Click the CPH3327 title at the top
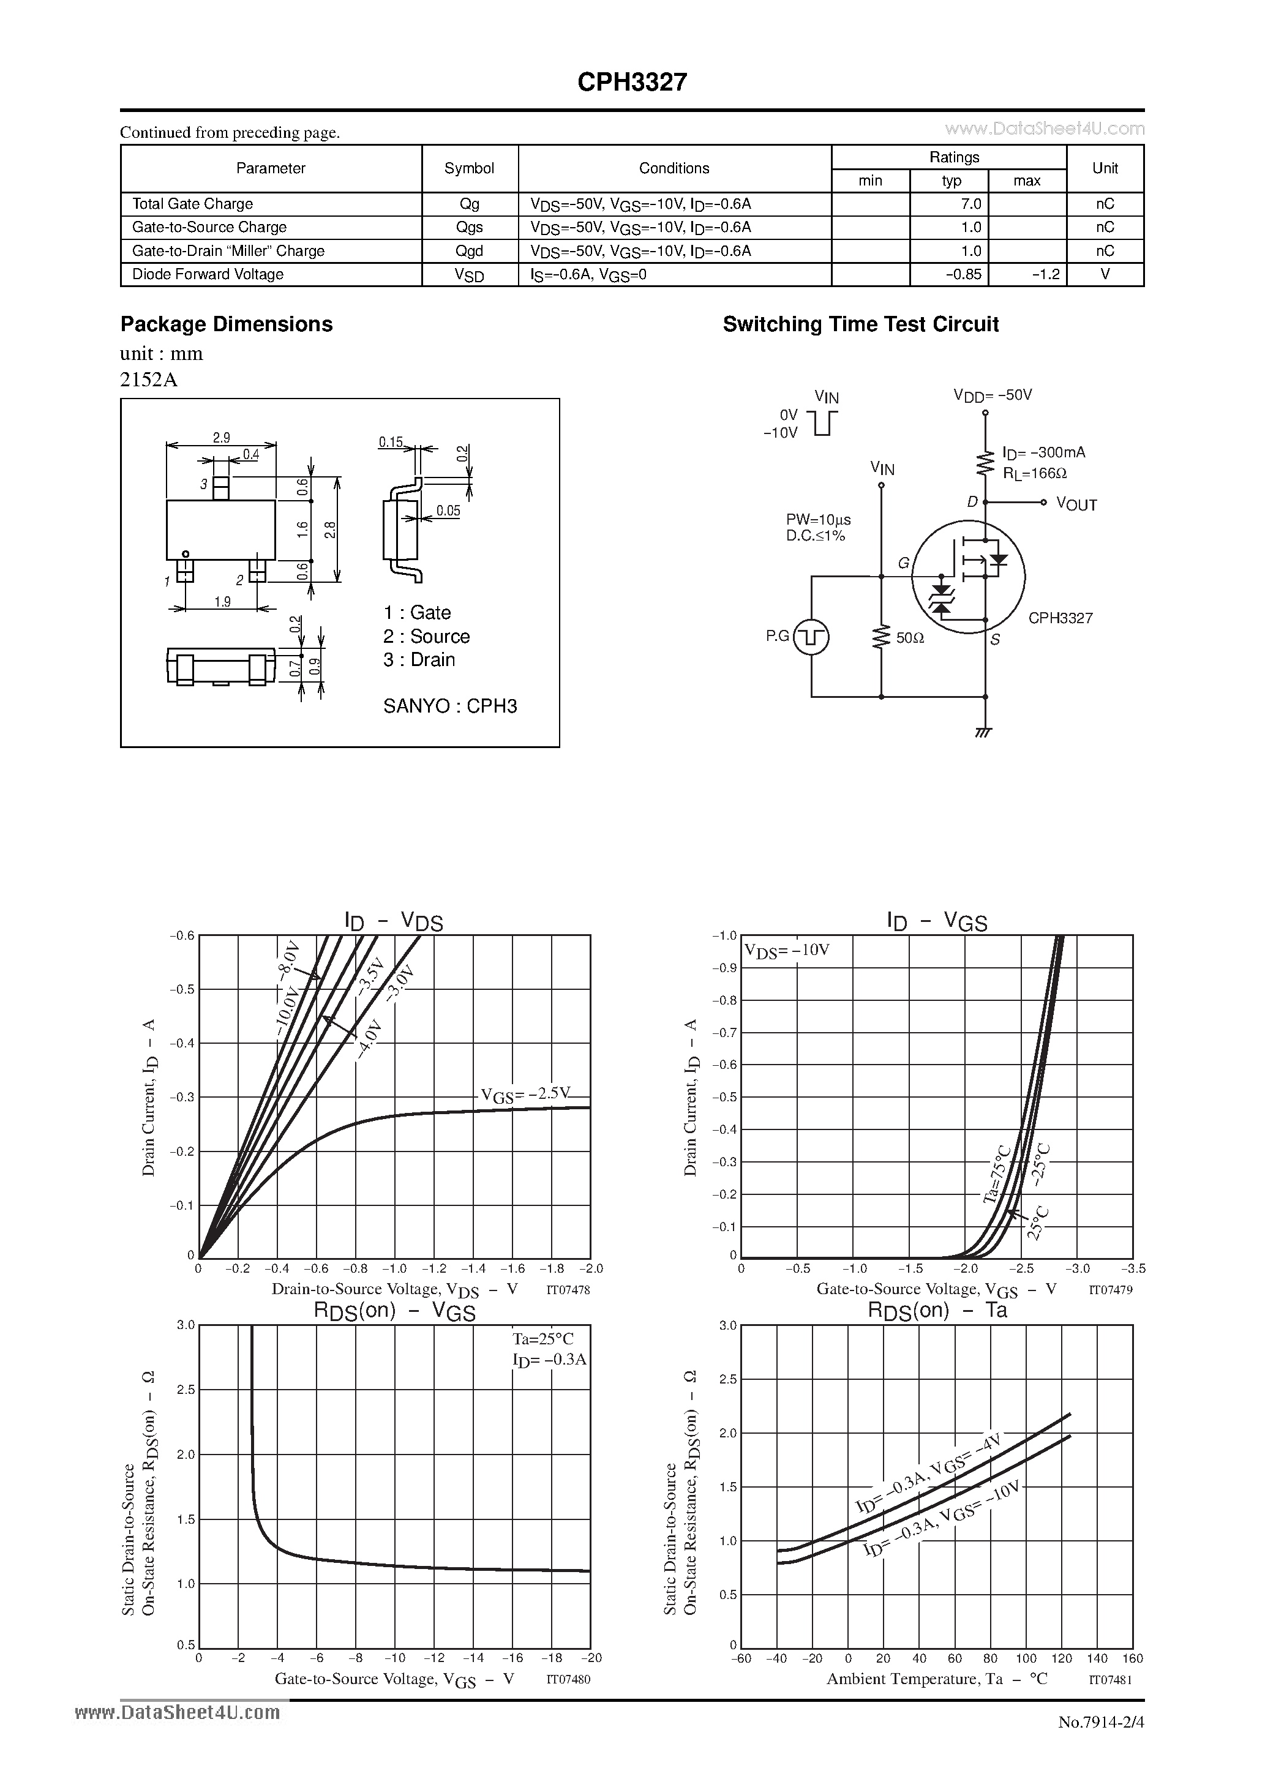632,82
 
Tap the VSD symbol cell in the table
470,274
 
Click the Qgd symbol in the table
470,251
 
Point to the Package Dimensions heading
226,324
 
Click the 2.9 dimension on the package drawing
222,438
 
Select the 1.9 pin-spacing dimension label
222,601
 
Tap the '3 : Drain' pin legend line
419,659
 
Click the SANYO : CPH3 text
450,706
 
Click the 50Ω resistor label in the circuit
909,638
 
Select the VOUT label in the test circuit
1076,504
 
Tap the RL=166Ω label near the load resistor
1034,473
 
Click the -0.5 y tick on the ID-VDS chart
182,989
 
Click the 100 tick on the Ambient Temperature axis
1026,1658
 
